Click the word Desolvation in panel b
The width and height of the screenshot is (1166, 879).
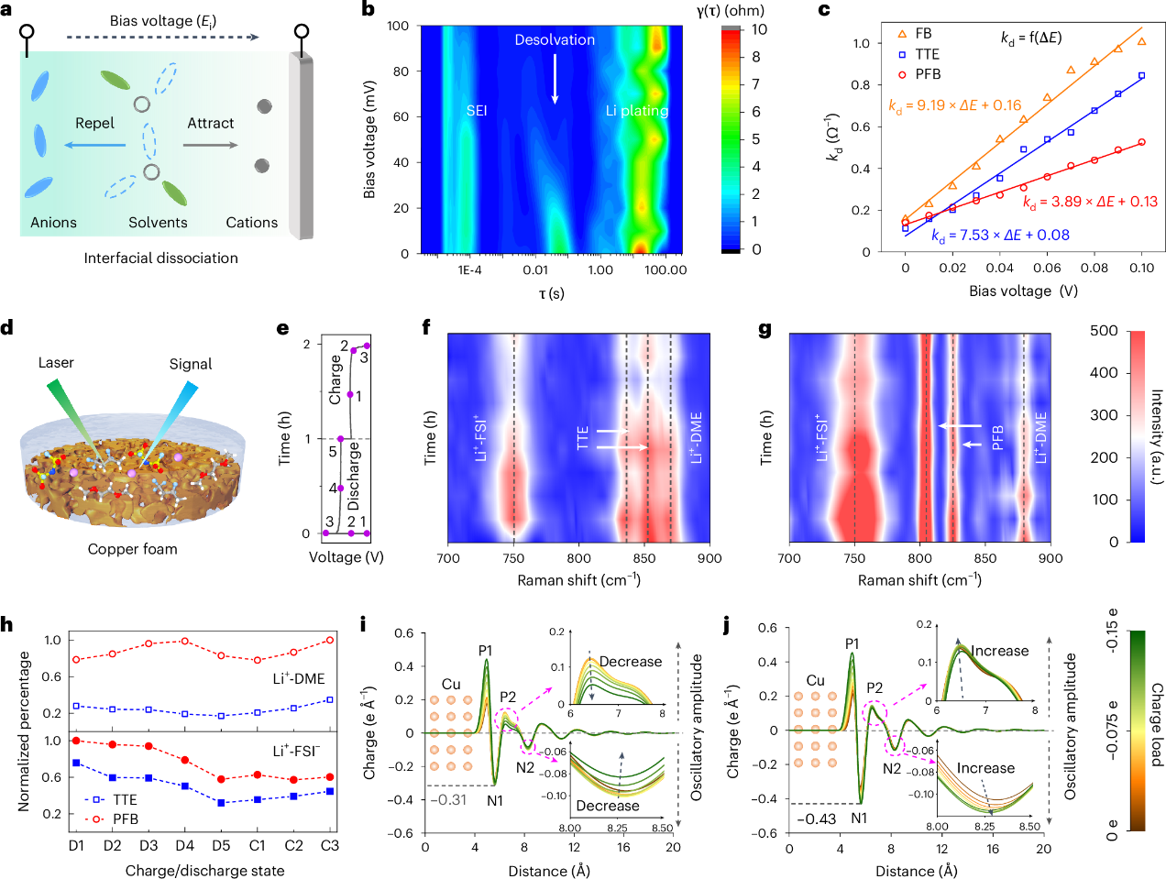pos(554,39)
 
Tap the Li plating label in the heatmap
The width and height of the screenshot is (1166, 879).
pos(636,111)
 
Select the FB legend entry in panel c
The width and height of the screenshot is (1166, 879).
pos(922,34)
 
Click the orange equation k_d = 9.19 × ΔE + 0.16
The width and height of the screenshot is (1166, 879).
pos(954,105)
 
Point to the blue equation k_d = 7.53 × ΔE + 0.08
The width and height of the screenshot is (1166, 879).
pos(1000,236)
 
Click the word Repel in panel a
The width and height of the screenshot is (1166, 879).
pos(94,123)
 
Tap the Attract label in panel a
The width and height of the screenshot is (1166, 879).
pos(210,123)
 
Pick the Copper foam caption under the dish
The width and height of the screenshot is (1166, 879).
pos(132,549)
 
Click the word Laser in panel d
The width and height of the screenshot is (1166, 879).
pos(56,363)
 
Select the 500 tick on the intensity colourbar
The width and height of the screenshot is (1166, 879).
pos(1104,331)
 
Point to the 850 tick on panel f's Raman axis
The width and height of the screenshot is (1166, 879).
pos(644,558)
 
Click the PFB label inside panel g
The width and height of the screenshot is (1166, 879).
pos(998,437)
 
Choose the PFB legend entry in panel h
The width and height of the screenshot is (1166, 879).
pos(126,819)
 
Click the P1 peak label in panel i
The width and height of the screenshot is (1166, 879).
pos(486,651)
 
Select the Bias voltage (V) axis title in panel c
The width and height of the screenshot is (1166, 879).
pos(1023,291)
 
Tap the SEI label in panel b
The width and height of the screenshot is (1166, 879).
pos(476,111)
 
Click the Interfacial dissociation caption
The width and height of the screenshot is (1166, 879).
pos(160,258)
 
